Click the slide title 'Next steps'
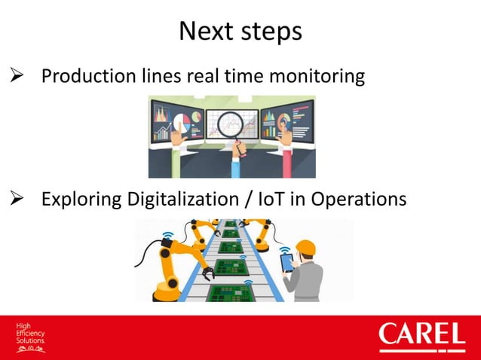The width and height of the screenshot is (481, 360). (240, 31)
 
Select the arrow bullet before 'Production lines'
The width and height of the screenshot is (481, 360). (16, 77)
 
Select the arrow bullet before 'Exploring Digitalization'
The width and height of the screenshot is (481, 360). (16, 200)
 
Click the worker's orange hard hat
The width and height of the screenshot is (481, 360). (305, 247)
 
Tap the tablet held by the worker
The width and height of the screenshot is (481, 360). (288, 262)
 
